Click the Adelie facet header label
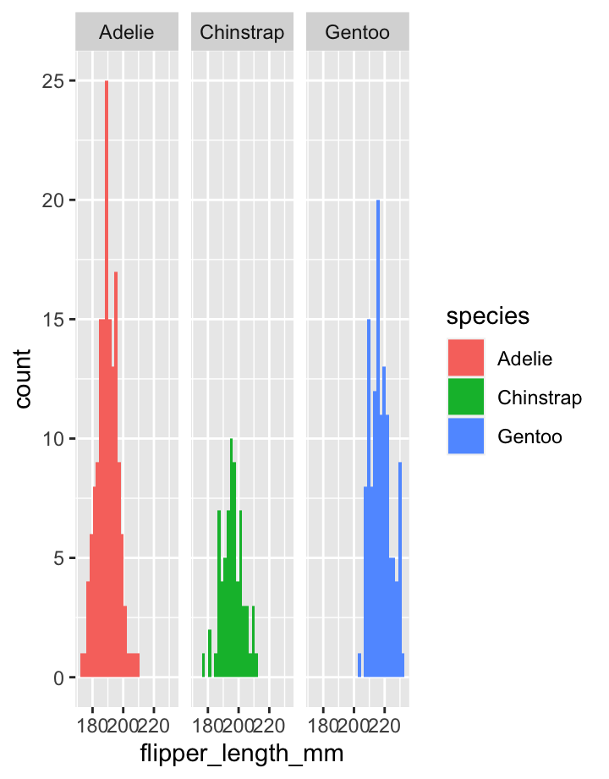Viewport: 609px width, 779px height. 127,33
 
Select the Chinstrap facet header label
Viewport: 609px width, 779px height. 242,33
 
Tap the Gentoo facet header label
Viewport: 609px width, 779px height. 357,33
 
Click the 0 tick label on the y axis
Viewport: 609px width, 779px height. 57,678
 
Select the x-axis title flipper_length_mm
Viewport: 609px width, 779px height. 242,752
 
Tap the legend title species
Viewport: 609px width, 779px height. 488,316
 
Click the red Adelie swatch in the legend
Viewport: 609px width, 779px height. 465,358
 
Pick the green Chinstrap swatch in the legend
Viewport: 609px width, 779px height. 465,398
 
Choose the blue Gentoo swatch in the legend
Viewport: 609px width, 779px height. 465,436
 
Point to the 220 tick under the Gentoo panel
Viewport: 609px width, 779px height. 384,725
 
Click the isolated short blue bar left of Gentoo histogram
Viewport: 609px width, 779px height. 359,665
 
